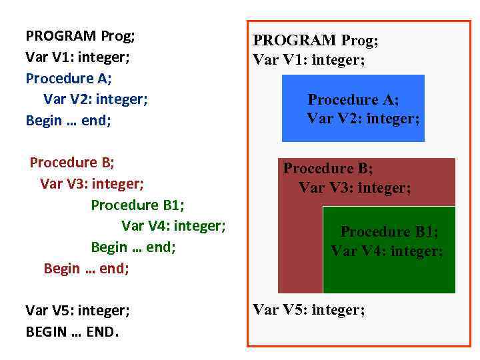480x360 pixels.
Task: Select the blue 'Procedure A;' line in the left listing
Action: click(x=69, y=78)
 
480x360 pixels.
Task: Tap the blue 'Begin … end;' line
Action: click(x=69, y=121)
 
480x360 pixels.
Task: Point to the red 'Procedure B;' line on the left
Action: click(x=73, y=162)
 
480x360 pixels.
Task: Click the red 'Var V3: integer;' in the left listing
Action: click(x=92, y=183)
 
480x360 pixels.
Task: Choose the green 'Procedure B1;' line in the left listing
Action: click(x=137, y=205)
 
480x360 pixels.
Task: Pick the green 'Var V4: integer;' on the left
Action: click(x=173, y=226)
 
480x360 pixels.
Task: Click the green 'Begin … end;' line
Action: click(x=133, y=247)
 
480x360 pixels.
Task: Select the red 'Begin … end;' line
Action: click(x=86, y=269)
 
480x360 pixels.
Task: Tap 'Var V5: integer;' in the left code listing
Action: click(x=77, y=311)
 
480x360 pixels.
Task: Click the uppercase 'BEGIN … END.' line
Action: click(x=72, y=331)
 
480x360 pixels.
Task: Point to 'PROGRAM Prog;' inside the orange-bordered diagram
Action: click(x=315, y=41)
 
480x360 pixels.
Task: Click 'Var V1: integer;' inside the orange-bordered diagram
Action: click(x=309, y=60)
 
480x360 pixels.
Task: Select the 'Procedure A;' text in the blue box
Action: click(x=353, y=100)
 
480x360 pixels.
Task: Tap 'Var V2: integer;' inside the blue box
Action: click(x=363, y=119)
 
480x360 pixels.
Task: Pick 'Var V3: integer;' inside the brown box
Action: click(x=355, y=188)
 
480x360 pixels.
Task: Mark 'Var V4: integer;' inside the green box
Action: click(x=387, y=251)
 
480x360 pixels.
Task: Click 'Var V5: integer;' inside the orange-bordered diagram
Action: click(x=309, y=310)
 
